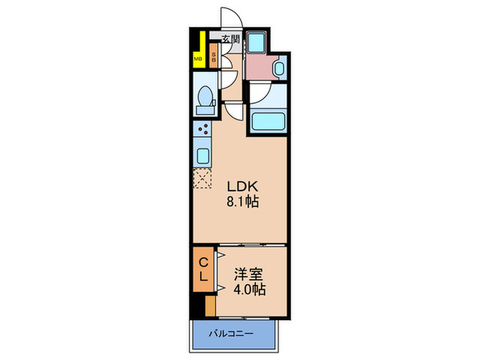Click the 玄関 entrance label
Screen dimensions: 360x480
coord(230,38)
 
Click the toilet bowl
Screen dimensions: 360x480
coord(204,100)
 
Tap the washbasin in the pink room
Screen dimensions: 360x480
coord(279,69)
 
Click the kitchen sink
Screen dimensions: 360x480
coord(204,154)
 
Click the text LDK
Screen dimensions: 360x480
coord(243,186)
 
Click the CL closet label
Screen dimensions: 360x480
coord(204,269)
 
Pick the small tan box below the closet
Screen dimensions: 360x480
coord(210,304)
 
